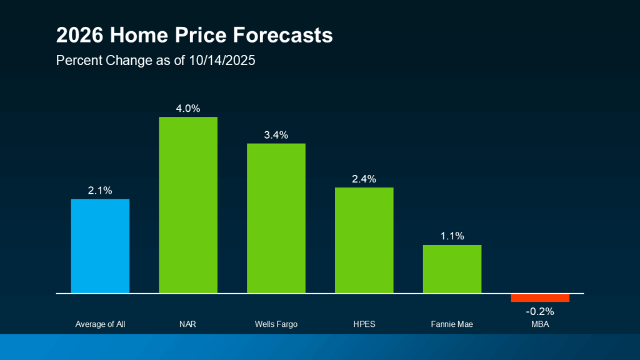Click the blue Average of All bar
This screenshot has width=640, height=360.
(100, 246)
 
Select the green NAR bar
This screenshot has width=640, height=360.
(188, 204)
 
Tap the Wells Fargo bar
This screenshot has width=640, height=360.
(276, 218)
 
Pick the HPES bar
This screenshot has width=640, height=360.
(364, 240)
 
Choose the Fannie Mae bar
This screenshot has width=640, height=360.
(452, 269)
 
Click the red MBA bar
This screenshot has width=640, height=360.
(540, 297)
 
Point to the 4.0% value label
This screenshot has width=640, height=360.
(188, 109)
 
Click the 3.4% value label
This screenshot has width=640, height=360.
(276, 135)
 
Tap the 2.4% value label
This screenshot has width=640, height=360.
(364, 179)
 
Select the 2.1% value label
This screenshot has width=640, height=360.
(100, 191)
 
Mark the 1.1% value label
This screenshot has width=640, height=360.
(452, 236)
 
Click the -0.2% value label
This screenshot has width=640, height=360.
(540, 311)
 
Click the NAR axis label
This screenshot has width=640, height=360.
(188, 324)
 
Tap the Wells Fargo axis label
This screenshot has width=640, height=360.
(276, 324)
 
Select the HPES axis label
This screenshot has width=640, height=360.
(364, 324)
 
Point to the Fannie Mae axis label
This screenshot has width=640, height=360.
(452, 324)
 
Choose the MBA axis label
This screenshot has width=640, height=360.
(540, 324)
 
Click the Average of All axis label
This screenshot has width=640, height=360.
(100, 324)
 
